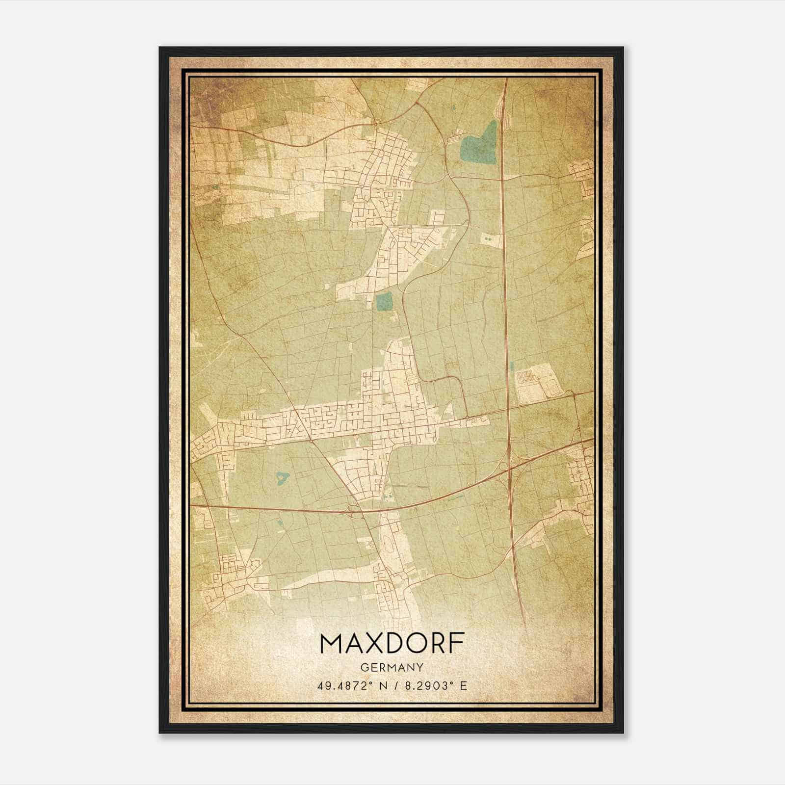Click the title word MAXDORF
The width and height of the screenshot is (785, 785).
click(392, 644)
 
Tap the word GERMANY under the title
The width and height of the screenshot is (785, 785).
click(392, 668)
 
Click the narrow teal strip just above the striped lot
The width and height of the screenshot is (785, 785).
click(511, 366)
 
